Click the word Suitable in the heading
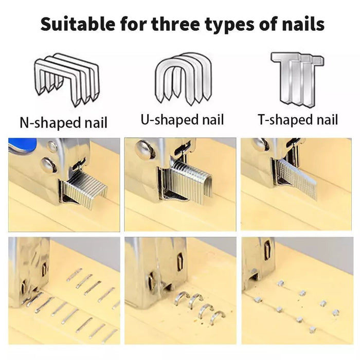[78, 24]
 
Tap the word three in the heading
[176, 24]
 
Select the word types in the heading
[229, 25]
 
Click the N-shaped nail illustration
[67, 80]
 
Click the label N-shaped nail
[64, 123]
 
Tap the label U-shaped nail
[182, 120]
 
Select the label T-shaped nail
[298, 120]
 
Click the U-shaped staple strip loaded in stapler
[190, 182]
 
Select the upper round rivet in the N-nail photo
[52, 146]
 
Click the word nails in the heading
[303, 24]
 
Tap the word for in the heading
[133, 24]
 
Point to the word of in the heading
[268, 24]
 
